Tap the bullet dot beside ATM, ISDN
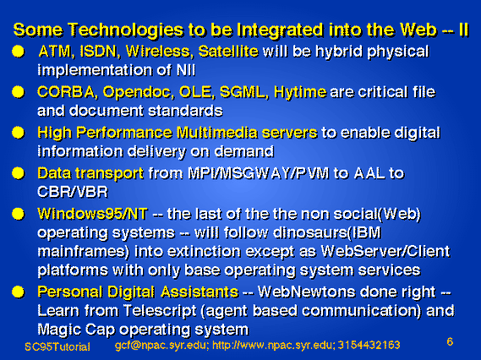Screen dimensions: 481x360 tap(18, 52)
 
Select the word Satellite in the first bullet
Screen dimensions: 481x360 tap(228, 52)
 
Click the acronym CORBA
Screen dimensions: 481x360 tap(66, 92)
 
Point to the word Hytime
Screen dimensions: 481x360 tap(300, 93)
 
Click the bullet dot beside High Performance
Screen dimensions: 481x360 tap(18, 133)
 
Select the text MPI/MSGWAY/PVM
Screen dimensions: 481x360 tap(258, 173)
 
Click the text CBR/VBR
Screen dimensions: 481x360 tap(73, 193)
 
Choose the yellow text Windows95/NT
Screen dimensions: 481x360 tap(92, 214)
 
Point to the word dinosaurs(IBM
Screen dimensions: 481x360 tap(327, 232)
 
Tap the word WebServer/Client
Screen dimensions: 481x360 tap(385, 252)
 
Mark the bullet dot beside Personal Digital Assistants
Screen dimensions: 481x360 tap(18, 292)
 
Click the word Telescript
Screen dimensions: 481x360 tap(160, 311)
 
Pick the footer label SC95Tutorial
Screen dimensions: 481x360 tap(57, 346)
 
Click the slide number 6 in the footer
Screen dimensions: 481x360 tap(450, 341)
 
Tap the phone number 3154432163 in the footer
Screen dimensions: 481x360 tap(369, 346)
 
